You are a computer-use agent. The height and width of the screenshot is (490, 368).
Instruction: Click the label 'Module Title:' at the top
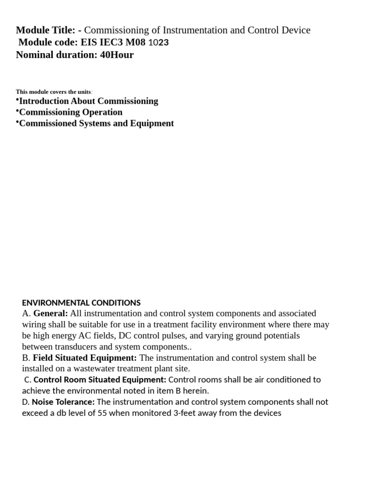pos(46,30)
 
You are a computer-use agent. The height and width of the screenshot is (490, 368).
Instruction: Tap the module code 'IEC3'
pos(111,43)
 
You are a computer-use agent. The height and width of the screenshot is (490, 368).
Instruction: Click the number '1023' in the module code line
pos(158,43)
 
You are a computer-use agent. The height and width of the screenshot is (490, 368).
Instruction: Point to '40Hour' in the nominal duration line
pos(117,55)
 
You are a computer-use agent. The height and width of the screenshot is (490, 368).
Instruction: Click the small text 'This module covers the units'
pos(53,91)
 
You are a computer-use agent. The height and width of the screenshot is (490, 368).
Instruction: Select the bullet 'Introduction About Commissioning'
pos(88,101)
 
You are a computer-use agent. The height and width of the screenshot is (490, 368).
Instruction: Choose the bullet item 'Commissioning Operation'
pos(70,112)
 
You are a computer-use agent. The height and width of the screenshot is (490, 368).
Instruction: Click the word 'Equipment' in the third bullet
pos(153,123)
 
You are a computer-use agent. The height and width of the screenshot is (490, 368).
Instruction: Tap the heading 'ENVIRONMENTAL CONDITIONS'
pos(81,302)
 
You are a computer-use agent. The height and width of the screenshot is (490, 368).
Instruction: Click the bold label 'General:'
pos(50,313)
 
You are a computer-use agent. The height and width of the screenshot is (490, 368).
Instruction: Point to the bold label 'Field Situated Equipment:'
pos(84,358)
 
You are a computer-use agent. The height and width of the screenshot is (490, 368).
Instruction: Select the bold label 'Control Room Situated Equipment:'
pos(100,380)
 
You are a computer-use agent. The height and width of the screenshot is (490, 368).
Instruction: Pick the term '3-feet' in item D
pos(184,413)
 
